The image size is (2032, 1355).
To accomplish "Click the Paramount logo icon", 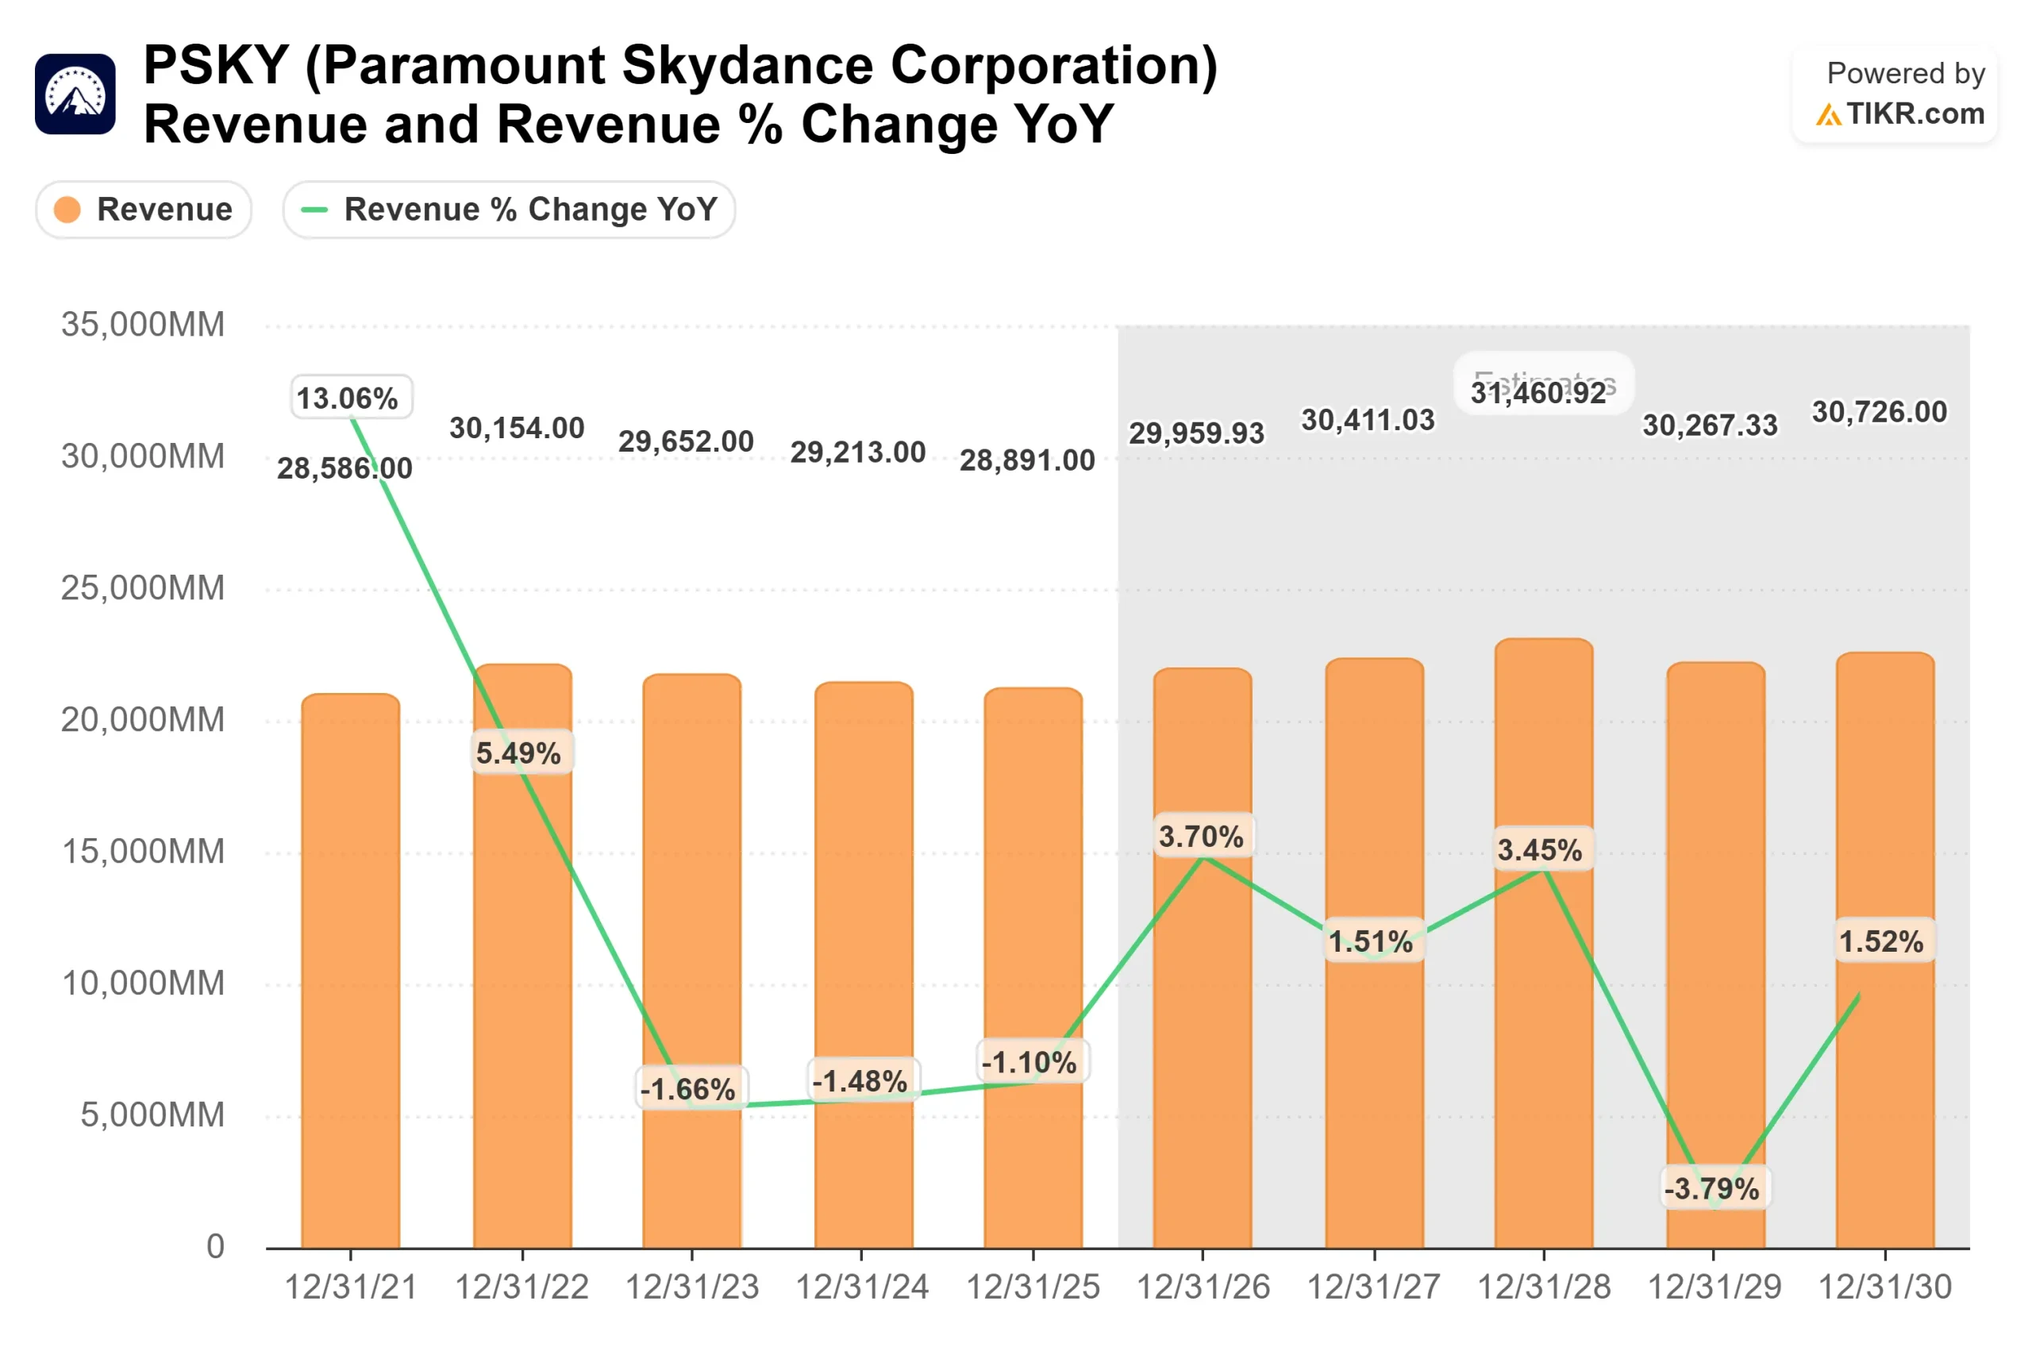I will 75,94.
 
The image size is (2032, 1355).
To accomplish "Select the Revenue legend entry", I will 144,209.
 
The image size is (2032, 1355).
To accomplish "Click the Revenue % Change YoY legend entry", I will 509,209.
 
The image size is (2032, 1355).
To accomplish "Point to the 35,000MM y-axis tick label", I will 143,325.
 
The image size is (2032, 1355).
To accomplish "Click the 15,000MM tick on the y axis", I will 143,852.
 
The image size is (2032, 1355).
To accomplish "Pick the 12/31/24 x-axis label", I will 861,1288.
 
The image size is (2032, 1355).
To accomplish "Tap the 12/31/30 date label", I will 1884,1288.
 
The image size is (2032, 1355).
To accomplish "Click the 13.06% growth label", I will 348,398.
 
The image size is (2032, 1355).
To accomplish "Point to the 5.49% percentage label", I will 518,753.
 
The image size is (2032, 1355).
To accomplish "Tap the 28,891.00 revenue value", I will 1027,460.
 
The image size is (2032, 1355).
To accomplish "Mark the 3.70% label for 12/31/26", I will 1201,837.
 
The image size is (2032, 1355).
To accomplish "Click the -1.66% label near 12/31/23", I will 687,1089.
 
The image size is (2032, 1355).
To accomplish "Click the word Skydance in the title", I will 747,65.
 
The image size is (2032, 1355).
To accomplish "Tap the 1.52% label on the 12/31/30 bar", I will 1881,941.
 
